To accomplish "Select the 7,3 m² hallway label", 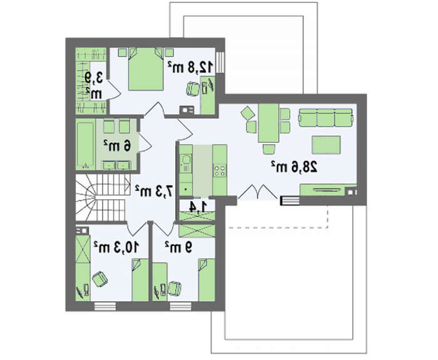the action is (x=154, y=191).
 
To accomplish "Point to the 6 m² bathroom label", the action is (x=117, y=145).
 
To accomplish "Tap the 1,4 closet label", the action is (x=198, y=207).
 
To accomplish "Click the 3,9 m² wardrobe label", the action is (x=94, y=85).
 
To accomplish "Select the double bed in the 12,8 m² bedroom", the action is (x=146, y=69).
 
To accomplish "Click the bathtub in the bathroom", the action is (x=86, y=145).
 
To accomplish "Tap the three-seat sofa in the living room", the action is (x=326, y=118).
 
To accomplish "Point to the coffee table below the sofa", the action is (x=326, y=145).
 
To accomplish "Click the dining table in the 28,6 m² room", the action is (x=268, y=123).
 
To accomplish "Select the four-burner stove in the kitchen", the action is (x=220, y=170).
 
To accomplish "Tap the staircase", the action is (x=103, y=197).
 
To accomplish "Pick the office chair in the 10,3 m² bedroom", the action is (x=99, y=279).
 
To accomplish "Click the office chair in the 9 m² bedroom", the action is (x=175, y=288).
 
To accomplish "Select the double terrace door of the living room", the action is (x=258, y=192).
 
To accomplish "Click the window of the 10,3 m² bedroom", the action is (x=105, y=306).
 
